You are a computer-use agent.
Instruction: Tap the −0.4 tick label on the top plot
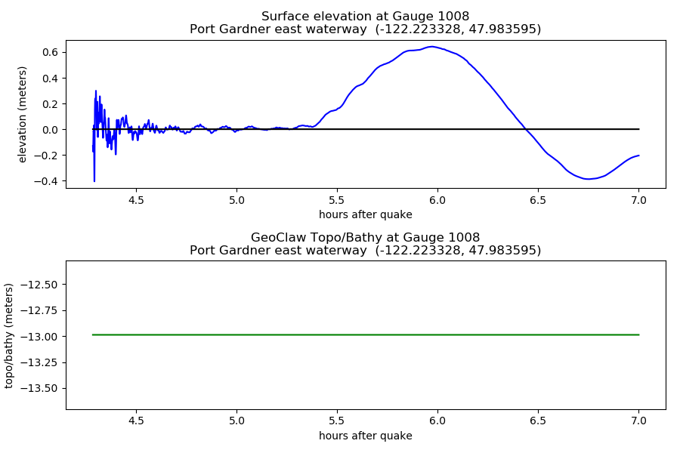pos(45,181)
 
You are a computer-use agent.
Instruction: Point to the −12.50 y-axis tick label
pos(39,285)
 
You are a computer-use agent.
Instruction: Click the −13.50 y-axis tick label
pos(39,388)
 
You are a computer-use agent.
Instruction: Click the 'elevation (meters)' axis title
pos(22,115)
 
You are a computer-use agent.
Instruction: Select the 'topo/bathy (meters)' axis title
pos(8,336)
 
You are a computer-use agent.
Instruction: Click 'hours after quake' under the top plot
pos(366,214)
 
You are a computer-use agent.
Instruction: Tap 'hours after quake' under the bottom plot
pos(366,436)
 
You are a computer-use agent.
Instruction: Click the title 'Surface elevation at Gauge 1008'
pos(365,17)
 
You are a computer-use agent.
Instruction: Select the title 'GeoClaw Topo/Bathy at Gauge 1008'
pos(365,238)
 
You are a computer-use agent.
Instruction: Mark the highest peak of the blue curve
pos(432,46)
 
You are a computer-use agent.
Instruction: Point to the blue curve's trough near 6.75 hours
pos(588,179)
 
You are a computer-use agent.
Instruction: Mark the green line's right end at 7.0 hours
pos(638,334)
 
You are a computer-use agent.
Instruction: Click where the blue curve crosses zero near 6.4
pos(526,129)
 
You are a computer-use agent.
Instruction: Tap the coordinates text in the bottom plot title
pos(458,251)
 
